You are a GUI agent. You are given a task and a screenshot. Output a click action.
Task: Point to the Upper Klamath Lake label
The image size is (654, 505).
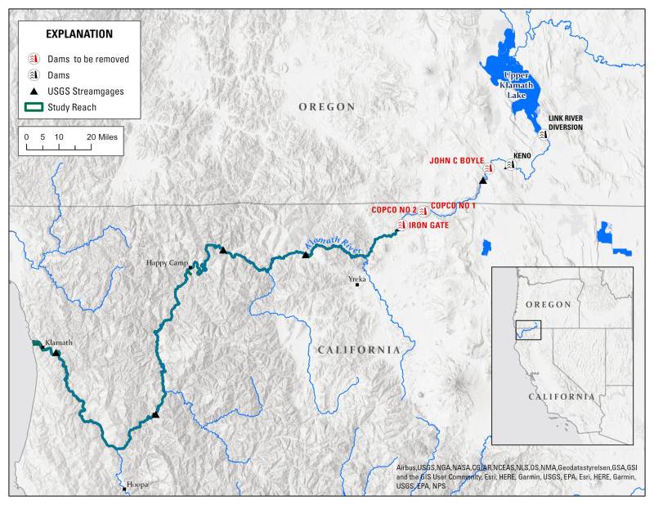pos(516,84)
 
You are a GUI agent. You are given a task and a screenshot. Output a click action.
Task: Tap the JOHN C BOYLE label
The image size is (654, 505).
pos(457,160)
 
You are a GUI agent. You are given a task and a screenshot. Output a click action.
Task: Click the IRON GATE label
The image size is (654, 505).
pos(429,224)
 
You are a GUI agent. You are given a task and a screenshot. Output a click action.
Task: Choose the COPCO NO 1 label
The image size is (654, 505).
pos(453,205)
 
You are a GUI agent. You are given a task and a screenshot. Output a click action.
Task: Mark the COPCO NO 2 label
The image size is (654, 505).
pos(394,210)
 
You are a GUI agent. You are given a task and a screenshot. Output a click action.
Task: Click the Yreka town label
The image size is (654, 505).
pos(357,279)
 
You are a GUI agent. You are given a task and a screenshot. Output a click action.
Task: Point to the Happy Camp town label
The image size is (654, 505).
pos(167,262)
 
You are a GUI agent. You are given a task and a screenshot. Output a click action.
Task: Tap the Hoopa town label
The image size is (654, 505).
pos(138,485)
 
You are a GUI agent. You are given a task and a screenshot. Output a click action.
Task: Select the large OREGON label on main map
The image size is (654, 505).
pos(326,107)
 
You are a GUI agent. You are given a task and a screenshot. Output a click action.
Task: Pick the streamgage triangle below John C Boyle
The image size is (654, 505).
pos(483,181)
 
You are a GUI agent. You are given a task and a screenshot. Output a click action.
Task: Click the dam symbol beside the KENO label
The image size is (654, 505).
pos(509,164)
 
